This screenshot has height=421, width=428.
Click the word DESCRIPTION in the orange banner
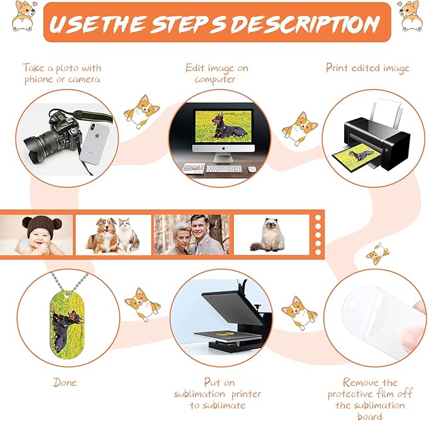(305, 23)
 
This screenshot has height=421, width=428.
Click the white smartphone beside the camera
(95, 143)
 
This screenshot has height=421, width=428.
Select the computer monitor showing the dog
(223, 130)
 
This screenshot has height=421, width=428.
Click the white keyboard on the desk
(224, 169)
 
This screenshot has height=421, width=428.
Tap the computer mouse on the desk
(252, 169)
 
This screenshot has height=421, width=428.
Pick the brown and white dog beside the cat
(103, 236)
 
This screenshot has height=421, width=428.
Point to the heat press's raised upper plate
(232, 307)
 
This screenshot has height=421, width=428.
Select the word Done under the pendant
(65, 383)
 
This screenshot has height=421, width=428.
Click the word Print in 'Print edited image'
(337, 67)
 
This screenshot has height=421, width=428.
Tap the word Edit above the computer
(195, 67)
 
